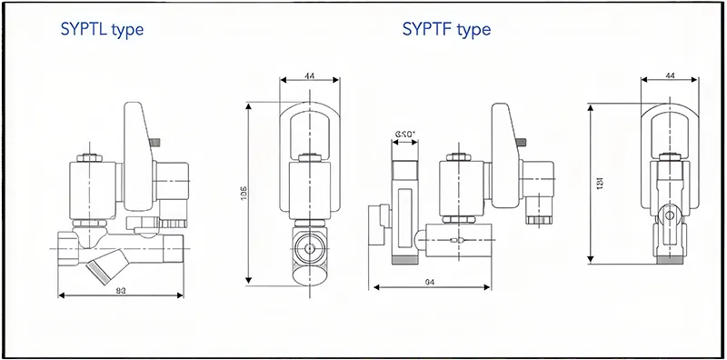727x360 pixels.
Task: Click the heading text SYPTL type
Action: (102, 30)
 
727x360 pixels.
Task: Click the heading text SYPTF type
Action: (446, 30)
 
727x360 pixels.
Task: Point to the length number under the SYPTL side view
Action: (120, 291)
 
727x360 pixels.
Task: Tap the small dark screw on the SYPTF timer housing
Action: (525, 141)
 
